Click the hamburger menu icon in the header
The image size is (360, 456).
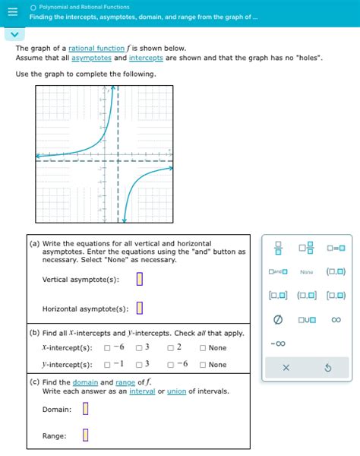(x=8, y=12)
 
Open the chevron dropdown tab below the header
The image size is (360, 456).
(x=13, y=35)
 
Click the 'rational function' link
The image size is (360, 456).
(x=95, y=48)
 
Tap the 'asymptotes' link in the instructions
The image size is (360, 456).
(x=91, y=58)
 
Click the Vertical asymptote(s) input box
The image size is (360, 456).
(x=140, y=279)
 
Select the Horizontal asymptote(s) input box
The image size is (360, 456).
(x=140, y=308)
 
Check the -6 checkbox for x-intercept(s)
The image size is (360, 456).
(x=107, y=348)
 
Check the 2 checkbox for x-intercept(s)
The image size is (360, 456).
(x=171, y=348)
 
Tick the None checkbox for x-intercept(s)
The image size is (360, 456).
(x=203, y=348)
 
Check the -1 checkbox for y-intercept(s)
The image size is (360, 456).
(x=107, y=365)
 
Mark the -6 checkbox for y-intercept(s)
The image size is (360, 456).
(x=171, y=365)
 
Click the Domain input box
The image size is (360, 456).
(x=85, y=409)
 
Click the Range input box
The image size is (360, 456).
(x=85, y=435)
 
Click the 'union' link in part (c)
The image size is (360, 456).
(x=176, y=391)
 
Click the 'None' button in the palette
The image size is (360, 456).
(x=307, y=272)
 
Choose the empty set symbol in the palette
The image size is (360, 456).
(x=278, y=320)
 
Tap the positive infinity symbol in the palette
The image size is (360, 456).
(x=336, y=320)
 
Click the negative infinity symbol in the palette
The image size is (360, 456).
(x=278, y=344)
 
